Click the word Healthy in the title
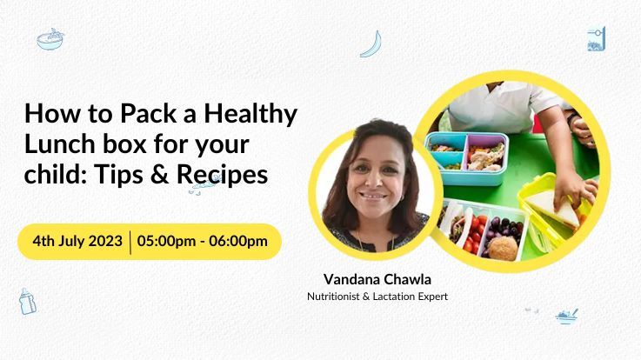point(250,115)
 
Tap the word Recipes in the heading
point(223,175)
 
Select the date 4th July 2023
point(77,241)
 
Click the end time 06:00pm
point(238,241)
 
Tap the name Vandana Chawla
point(377,279)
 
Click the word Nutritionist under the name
point(333,297)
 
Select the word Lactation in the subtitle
point(392,297)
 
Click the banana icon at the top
point(372,44)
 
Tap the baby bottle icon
point(27,302)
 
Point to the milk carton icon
point(597,39)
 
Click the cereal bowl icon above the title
point(50,39)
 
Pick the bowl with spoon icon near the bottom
point(566,317)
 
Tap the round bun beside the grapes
point(504,248)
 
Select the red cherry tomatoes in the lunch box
point(475,235)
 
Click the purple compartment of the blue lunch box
point(486,153)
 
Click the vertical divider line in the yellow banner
point(130,243)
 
